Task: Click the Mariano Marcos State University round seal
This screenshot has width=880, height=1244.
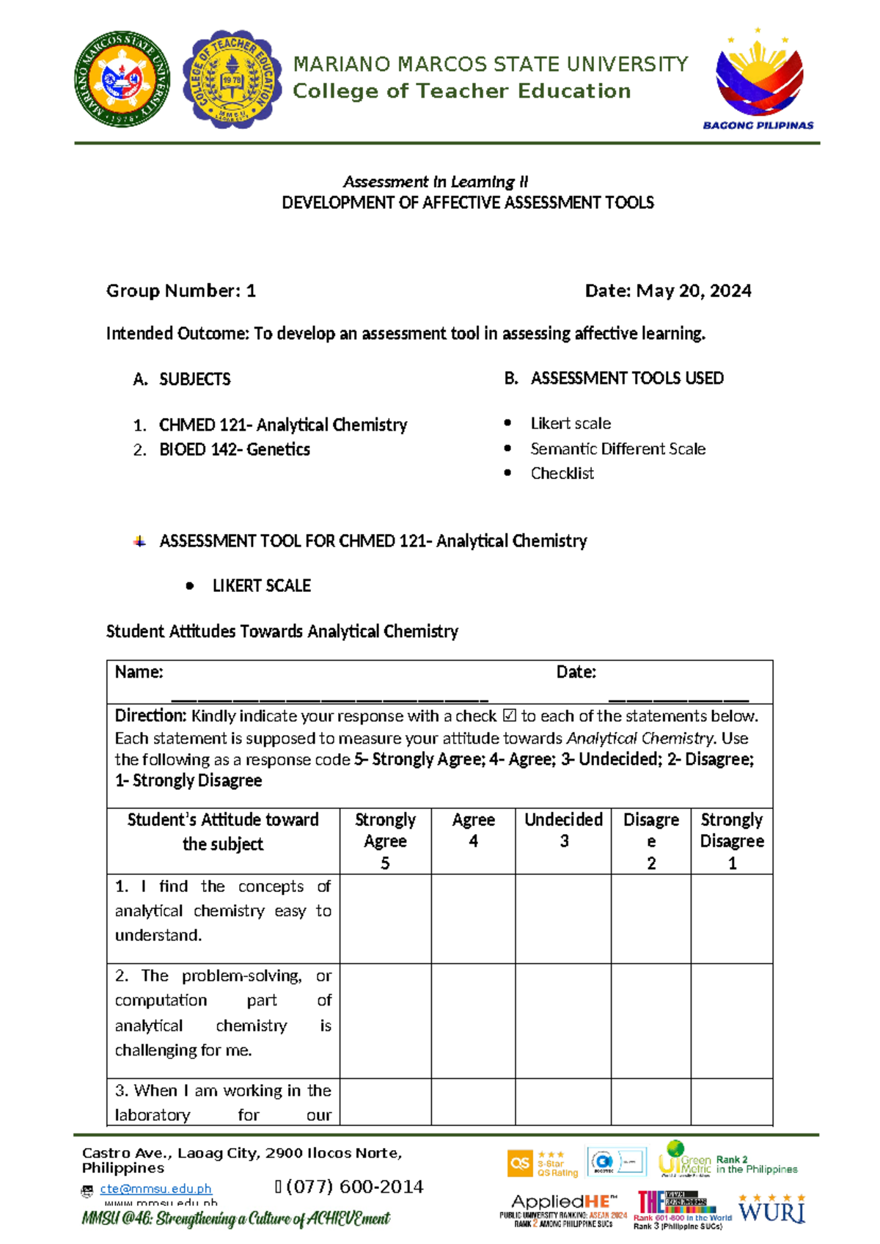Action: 122,79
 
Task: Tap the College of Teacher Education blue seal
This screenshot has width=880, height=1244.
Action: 232,79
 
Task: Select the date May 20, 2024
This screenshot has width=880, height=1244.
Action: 668,291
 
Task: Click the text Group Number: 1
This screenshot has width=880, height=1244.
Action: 181,291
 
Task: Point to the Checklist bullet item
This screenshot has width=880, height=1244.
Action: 562,473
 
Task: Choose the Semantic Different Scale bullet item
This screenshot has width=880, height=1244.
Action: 617,448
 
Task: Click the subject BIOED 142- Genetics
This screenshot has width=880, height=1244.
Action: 234,450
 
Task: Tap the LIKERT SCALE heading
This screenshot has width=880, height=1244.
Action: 261,585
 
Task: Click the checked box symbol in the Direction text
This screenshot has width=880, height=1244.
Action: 509,716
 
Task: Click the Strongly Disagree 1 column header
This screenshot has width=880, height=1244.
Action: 732,841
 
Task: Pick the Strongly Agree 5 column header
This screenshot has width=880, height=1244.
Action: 385,841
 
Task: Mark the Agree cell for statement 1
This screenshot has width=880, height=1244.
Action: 473,918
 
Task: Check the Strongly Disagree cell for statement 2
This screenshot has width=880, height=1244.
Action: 732,1020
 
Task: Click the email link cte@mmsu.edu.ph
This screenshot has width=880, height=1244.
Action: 155,1188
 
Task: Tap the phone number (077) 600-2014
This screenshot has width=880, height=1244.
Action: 355,1186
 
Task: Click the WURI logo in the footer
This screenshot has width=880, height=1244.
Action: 771,1209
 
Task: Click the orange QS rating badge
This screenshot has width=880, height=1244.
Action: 520,1163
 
